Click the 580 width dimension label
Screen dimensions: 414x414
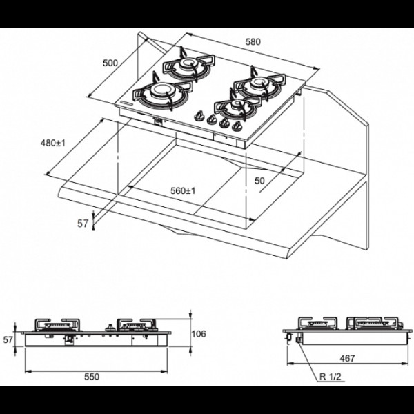click(x=253, y=41)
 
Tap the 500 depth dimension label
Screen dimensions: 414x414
click(x=110, y=63)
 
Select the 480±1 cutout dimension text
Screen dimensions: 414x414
click(x=53, y=143)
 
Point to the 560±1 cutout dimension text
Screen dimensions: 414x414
click(x=183, y=190)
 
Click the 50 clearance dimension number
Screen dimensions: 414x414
click(x=259, y=181)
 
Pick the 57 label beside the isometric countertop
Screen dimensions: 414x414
click(x=82, y=224)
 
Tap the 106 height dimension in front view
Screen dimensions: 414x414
click(x=199, y=334)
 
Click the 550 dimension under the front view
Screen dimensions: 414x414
click(x=92, y=377)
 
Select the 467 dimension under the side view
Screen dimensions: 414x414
click(x=347, y=358)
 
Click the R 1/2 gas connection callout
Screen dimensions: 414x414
click(x=331, y=377)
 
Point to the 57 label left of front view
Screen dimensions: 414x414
click(x=8, y=339)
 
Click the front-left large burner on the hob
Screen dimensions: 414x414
click(x=161, y=95)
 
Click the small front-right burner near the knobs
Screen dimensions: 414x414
click(x=236, y=107)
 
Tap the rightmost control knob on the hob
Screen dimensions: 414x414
click(x=237, y=127)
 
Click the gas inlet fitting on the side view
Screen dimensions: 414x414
click(x=299, y=340)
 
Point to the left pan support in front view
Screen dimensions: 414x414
click(x=57, y=325)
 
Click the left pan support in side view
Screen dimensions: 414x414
click(x=318, y=323)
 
